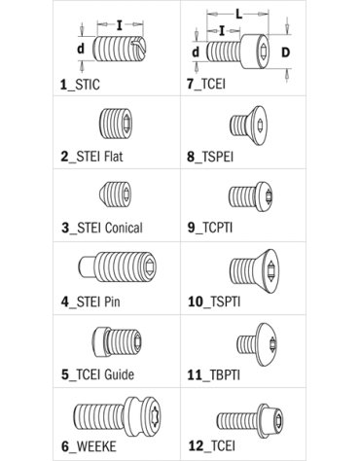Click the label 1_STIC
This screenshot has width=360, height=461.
(x=80, y=85)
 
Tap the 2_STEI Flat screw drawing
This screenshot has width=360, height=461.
(x=116, y=124)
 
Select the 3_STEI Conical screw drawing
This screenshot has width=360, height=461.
(x=116, y=194)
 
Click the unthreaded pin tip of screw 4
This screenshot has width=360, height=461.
(x=86, y=266)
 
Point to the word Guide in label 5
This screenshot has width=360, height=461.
(x=119, y=374)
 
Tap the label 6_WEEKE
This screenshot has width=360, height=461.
(x=89, y=446)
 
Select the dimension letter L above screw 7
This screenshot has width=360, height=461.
(x=238, y=15)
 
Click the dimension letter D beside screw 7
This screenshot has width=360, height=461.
(x=285, y=53)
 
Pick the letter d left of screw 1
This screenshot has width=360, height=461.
(x=81, y=49)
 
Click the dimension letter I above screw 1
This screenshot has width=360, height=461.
(x=120, y=25)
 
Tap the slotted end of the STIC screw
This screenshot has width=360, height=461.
(x=138, y=49)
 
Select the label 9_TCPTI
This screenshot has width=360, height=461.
(x=210, y=228)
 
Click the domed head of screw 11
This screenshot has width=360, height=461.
(x=267, y=344)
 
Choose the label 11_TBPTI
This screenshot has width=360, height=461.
(x=213, y=375)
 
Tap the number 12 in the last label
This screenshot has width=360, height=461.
(x=196, y=445)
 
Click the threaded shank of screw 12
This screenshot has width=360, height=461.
(x=237, y=421)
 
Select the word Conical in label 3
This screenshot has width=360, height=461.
(x=124, y=228)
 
